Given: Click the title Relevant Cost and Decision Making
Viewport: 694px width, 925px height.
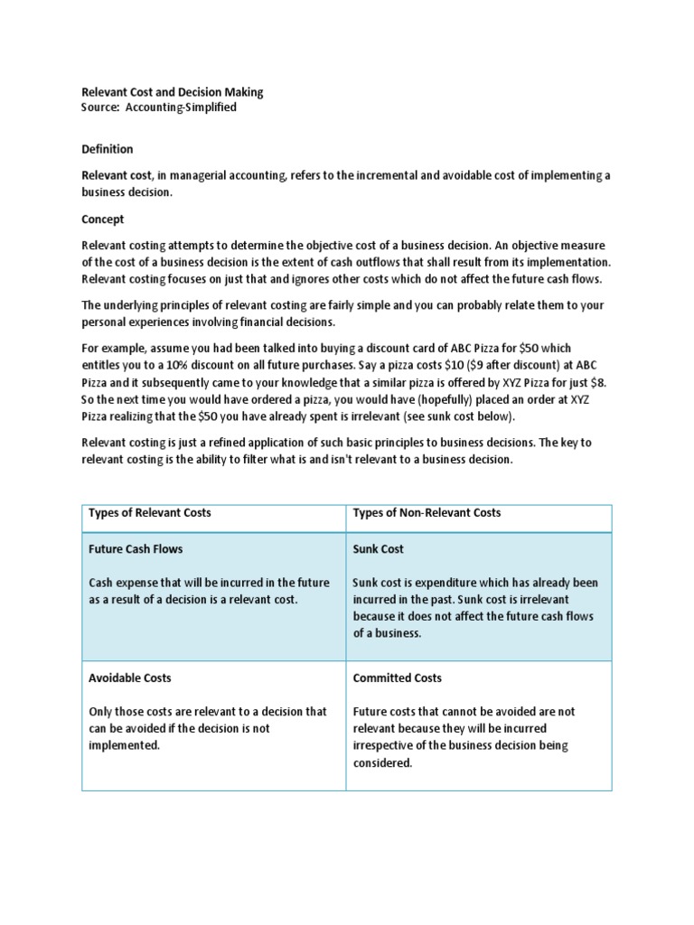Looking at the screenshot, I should pyautogui.click(x=173, y=92).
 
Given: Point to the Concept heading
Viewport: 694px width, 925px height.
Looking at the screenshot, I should pyautogui.click(x=103, y=220).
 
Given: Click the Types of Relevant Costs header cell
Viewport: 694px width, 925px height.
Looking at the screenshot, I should pyautogui.click(x=149, y=513).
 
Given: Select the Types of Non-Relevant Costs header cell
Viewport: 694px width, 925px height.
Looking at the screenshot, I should pyautogui.click(x=427, y=513).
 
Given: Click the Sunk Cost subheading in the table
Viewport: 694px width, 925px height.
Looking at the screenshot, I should pyautogui.click(x=378, y=549).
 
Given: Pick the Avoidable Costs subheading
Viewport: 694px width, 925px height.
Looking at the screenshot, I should pyautogui.click(x=129, y=677).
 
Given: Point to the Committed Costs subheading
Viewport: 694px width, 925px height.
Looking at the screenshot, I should pyautogui.click(x=397, y=677).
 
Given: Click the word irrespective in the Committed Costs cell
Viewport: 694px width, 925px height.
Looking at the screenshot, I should pyautogui.click(x=388, y=745).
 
